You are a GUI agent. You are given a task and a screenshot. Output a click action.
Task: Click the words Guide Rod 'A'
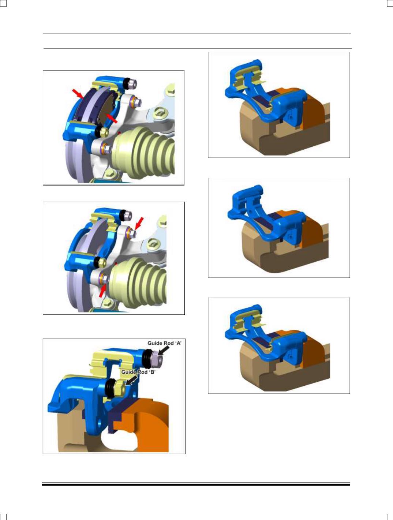[x=164, y=343]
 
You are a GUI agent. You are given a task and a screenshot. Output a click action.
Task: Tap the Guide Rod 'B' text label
[x=138, y=372]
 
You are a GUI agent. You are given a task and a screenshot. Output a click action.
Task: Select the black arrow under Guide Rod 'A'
[x=164, y=350]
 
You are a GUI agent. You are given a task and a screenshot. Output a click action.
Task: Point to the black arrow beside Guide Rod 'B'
[x=132, y=381]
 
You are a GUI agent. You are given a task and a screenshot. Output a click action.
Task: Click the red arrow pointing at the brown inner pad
[x=112, y=118]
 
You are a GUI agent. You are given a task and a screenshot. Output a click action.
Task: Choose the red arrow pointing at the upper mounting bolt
[x=139, y=223]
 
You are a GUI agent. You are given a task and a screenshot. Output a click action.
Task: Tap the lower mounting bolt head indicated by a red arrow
[x=105, y=279]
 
